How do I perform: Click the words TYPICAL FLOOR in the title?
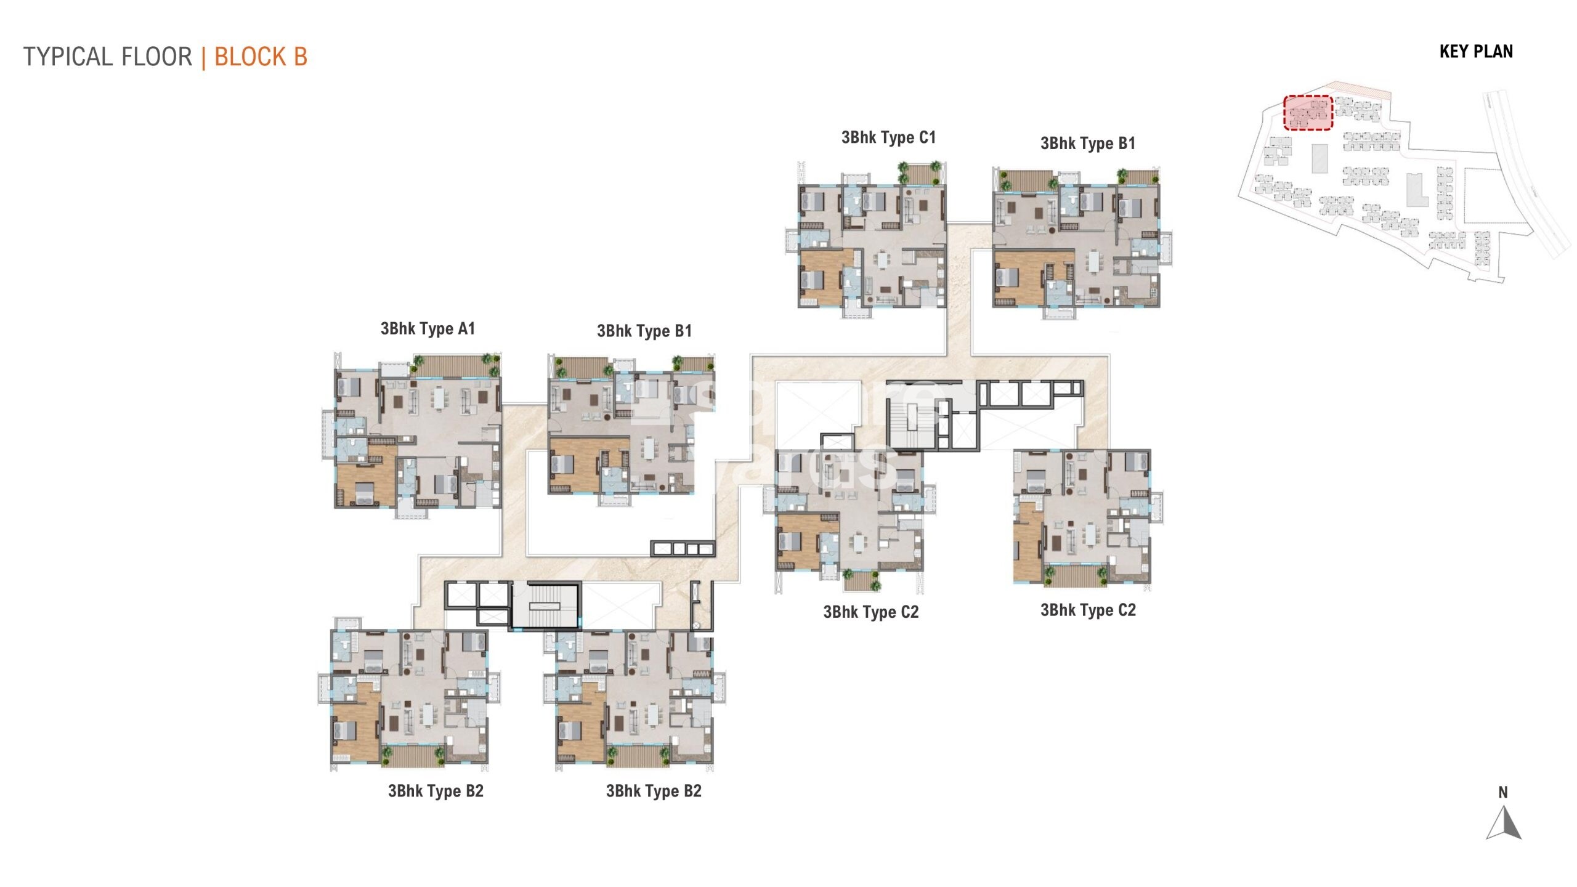108,57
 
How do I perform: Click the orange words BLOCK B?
261,57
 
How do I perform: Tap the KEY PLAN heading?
1476,52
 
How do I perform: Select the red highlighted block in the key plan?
1308,113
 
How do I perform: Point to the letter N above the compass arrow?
1503,793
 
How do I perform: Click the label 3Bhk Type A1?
428,328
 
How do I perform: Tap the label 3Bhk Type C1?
888,137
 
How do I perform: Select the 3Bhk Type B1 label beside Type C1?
1087,144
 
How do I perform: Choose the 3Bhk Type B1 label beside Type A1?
644,331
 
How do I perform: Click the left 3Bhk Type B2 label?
436,791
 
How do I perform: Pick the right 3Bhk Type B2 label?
654,791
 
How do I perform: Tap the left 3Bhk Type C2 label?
870,612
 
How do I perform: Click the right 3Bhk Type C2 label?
1088,610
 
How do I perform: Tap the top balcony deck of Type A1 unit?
455,365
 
